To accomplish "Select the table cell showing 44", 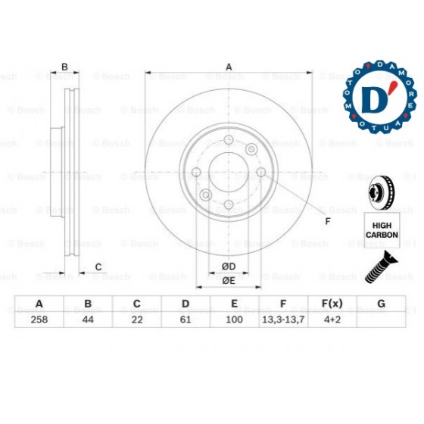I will click(88, 319).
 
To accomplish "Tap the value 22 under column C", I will click(137, 319).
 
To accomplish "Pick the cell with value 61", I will click(185, 319).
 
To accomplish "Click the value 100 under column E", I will click(235, 319).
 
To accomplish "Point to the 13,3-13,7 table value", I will click(283, 319).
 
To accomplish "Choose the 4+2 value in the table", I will click(332, 319).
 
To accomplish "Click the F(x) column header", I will click(332, 304).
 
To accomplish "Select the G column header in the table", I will click(381, 304).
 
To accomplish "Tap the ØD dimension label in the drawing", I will click(229, 266).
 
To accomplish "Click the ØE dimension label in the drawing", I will click(229, 281).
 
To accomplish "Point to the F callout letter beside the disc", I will click(327, 221).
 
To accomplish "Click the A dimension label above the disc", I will click(229, 67).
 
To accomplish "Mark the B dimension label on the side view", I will click(65, 67).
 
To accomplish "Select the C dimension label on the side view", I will click(99, 266).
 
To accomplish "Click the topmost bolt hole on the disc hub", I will click(229, 141).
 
